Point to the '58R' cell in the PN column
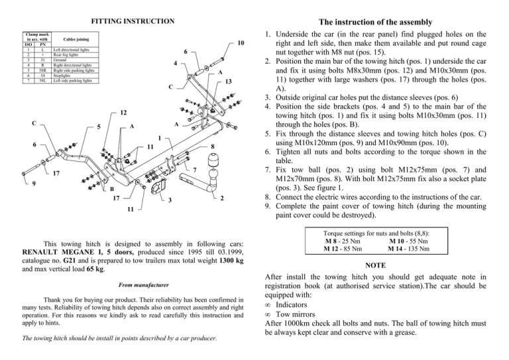click(x=42, y=70)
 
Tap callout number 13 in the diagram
click(x=227, y=82)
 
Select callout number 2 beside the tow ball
click(x=222, y=197)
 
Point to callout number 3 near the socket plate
click(x=170, y=200)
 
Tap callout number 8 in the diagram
click(x=211, y=147)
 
